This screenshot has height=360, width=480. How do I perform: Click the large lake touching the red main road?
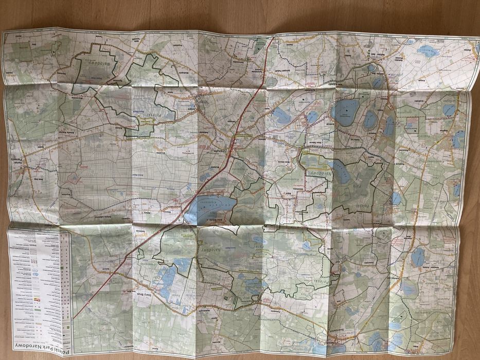click(x=208, y=207)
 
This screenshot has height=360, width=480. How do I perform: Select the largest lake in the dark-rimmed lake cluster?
click(x=346, y=109)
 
